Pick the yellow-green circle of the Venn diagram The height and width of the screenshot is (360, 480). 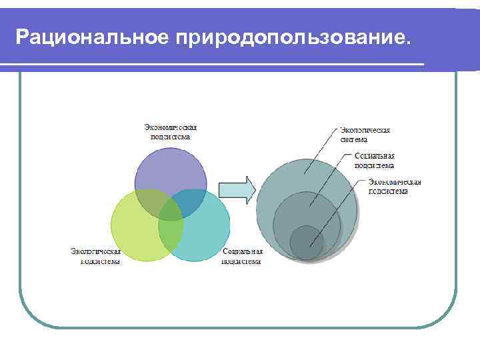133,233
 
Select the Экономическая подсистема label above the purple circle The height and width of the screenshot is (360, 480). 171,131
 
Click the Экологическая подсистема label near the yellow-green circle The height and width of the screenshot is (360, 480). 96,257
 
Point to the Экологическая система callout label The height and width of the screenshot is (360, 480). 365,135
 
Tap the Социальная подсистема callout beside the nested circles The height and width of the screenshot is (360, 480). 374,161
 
